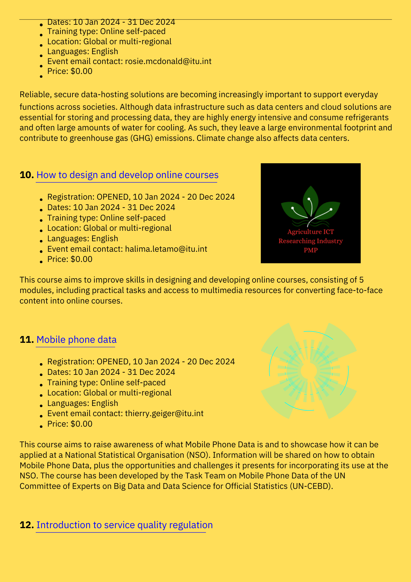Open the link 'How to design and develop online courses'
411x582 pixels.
point(127,175)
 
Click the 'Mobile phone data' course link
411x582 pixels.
point(76,340)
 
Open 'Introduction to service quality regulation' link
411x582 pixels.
point(124,525)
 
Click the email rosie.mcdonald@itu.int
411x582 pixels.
point(168,61)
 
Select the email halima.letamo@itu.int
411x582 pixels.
point(166,249)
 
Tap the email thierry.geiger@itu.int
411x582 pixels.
point(164,414)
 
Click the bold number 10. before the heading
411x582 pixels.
point(27,175)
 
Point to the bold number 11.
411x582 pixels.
point(27,340)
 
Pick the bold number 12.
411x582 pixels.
point(27,525)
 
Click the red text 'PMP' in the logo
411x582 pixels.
point(310,250)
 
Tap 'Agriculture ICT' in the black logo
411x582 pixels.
point(310,232)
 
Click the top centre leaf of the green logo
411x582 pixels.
point(311,199)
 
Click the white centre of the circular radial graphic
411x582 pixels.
point(309,371)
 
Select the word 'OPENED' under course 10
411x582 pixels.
point(113,197)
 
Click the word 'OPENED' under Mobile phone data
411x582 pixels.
point(113,362)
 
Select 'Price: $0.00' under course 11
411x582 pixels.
point(70,424)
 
